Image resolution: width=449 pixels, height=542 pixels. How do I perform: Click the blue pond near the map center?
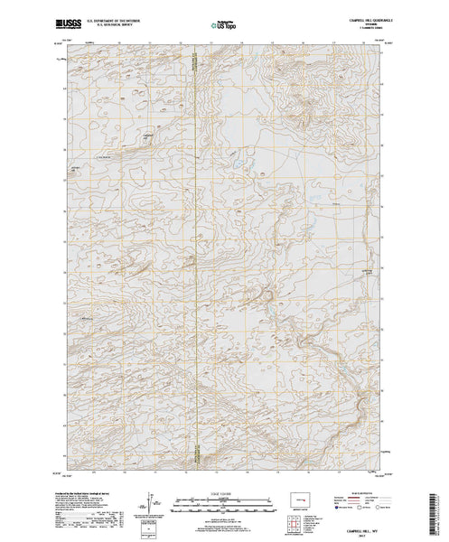[238, 166]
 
